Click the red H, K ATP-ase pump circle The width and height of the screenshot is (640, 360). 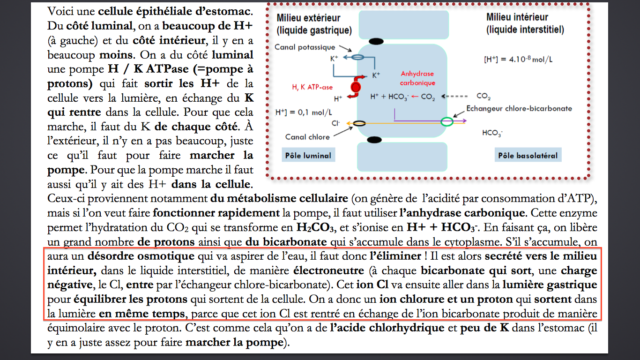pos(356,87)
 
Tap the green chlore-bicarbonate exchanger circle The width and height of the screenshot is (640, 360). pos(447,121)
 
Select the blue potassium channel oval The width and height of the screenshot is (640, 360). pos(357,57)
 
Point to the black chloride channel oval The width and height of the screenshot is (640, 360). pos(359,123)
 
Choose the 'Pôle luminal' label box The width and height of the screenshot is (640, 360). pos(308,155)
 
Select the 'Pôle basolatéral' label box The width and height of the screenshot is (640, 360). pos(528,155)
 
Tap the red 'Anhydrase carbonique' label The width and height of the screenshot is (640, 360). pos(417,78)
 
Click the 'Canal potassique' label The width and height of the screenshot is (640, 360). pos(305,47)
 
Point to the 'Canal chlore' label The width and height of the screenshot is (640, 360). pos(307,137)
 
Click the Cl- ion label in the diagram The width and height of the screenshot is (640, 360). pos(335,123)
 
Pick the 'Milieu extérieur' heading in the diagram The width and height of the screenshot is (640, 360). pos(308,18)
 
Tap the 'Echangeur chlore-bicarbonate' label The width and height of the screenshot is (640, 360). pos(519,108)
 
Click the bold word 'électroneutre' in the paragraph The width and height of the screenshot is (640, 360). pos(328,270)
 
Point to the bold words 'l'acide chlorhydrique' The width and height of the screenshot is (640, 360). pos(387,328)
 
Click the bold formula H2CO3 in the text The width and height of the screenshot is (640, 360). pos(315,228)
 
